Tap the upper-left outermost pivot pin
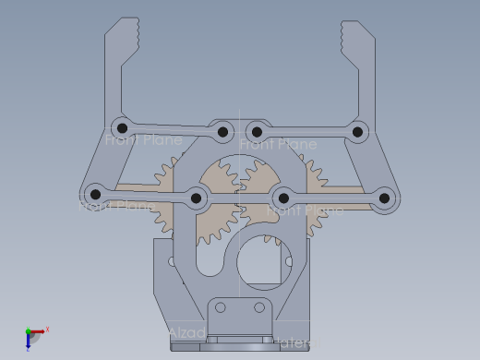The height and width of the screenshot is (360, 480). point(120,127)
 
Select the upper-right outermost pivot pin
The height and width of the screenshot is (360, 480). point(357,133)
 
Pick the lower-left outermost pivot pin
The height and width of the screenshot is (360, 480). point(94,194)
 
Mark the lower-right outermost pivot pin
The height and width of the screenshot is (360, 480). point(385,197)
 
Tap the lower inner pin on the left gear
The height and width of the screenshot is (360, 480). point(196,198)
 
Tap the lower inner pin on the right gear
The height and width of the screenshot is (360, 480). point(283,198)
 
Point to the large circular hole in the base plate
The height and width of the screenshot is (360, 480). point(265,260)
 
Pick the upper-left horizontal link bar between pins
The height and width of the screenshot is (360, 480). point(172,130)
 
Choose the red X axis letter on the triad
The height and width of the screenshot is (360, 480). point(47,329)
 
